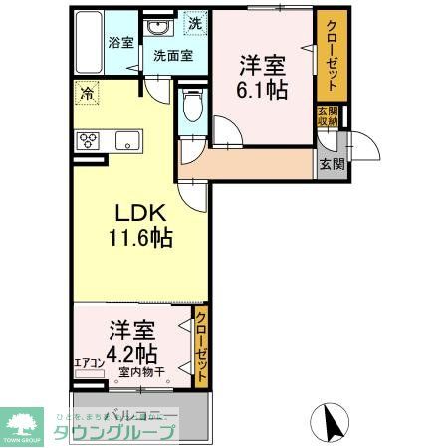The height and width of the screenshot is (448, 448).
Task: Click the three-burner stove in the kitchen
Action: (88, 140)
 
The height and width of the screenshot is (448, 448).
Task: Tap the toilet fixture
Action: (193, 107)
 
